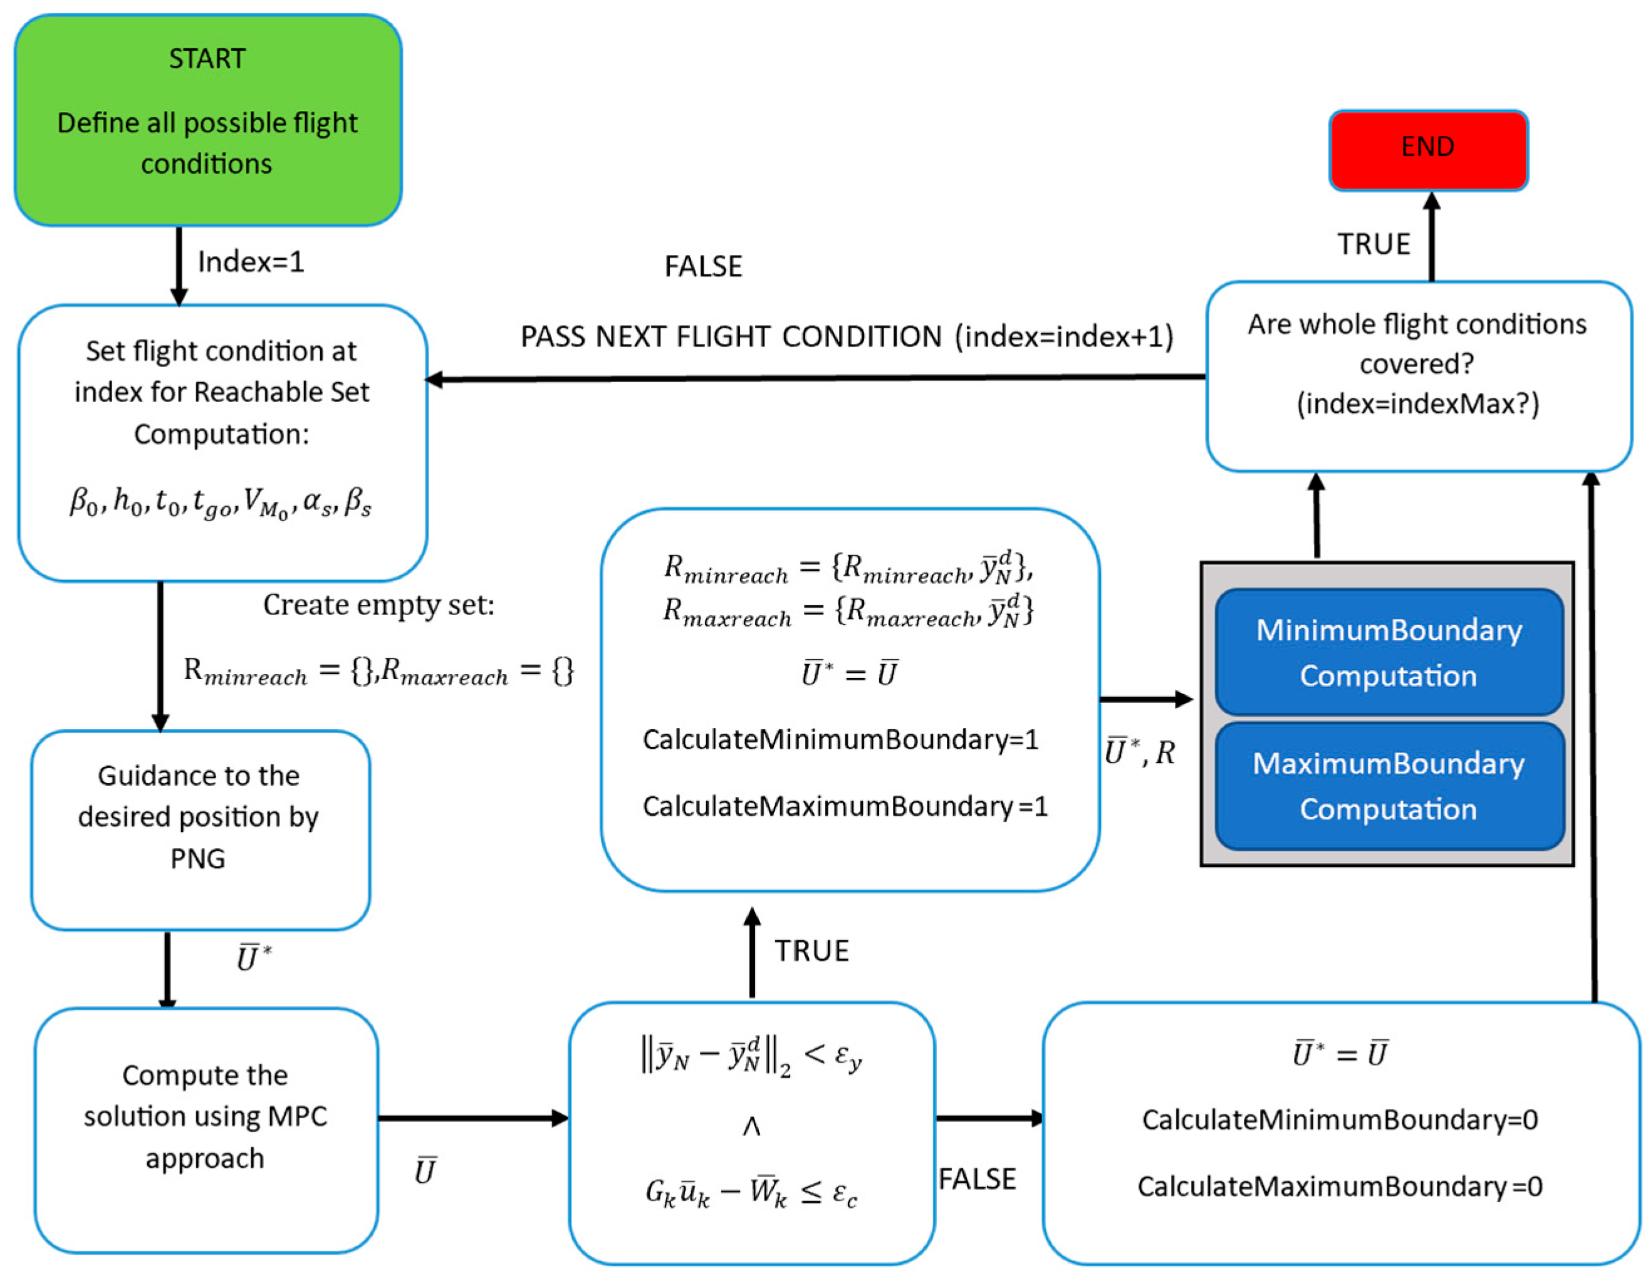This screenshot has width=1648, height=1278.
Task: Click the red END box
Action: coord(1429,150)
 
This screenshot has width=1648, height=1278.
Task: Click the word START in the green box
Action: coord(207,59)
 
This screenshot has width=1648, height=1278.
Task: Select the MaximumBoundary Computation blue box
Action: coord(1389,786)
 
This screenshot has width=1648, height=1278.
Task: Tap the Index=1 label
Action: coord(251,262)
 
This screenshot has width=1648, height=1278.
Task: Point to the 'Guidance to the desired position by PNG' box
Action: coord(200,830)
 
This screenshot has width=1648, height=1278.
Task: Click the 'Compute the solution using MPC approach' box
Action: coord(206,1130)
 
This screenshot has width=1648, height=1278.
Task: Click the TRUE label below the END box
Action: coord(1374,244)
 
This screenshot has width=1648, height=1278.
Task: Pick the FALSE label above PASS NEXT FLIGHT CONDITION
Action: coord(703,266)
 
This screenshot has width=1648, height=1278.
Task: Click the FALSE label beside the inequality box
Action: coord(977,1178)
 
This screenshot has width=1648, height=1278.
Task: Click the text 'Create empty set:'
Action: coord(379,605)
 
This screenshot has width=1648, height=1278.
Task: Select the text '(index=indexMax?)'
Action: coord(1418,403)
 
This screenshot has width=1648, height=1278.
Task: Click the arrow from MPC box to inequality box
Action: coord(473,1118)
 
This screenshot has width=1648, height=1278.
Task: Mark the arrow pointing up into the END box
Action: coord(1431,236)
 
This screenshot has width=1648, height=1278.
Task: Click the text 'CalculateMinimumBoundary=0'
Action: coord(1340,1119)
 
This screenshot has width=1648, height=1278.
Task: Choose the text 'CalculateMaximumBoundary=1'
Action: coord(845,806)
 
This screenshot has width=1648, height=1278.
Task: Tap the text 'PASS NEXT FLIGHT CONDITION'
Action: coord(731,336)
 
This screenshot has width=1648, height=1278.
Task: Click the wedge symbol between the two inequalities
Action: coord(751,1126)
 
